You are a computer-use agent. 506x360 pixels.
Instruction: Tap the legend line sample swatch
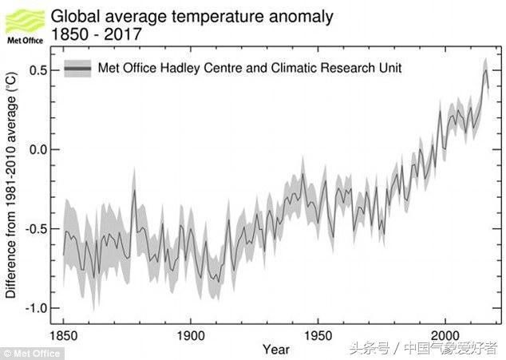click(x=77, y=69)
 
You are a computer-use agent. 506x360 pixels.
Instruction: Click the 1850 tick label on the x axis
click(x=63, y=335)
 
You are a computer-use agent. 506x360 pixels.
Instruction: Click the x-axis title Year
click(x=276, y=350)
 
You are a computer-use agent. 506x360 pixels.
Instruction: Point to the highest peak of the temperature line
click(x=486, y=70)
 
